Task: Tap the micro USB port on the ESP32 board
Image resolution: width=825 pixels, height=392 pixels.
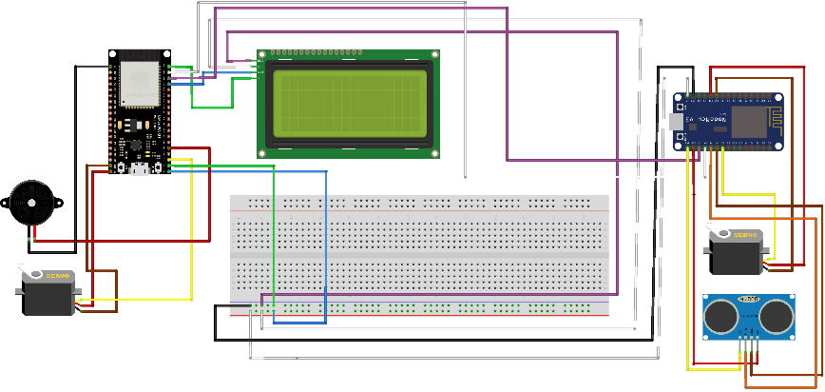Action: pyautogui.click(x=140, y=168)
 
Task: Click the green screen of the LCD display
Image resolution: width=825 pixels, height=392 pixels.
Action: pyautogui.click(x=348, y=104)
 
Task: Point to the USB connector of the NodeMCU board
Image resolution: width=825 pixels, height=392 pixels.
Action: pyautogui.click(x=677, y=122)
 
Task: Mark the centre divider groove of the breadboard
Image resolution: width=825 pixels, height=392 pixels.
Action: pyautogui.click(x=419, y=255)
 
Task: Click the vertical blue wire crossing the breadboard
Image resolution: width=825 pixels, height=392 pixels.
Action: pyautogui.click(x=326, y=247)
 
